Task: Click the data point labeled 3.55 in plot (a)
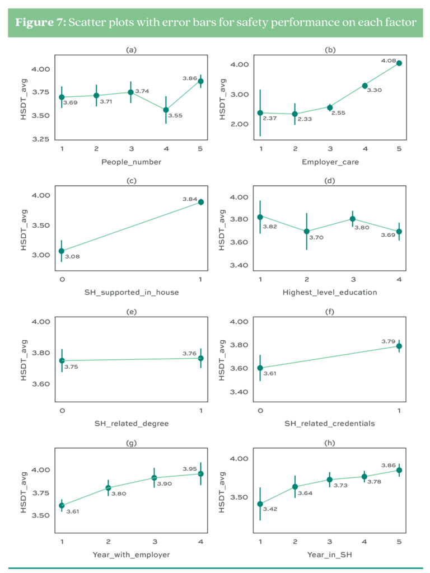pos(166,110)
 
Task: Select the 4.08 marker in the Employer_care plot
pos(399,63)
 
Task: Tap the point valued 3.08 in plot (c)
pos(62,251)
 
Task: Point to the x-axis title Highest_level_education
pos(329,292)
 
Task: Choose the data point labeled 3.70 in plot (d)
pos(306,231)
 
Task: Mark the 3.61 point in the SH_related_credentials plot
pos(260,368)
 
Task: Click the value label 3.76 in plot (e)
pos(189,353)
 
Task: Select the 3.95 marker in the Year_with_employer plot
pos(200,474)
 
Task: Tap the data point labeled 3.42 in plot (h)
pos(260,504)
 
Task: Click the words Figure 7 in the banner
pos(41,23)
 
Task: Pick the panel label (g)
pos(131,445)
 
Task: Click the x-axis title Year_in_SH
pos(329,554)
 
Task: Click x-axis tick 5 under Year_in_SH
pos(399,542)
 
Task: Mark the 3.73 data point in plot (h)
pos(330,480)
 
